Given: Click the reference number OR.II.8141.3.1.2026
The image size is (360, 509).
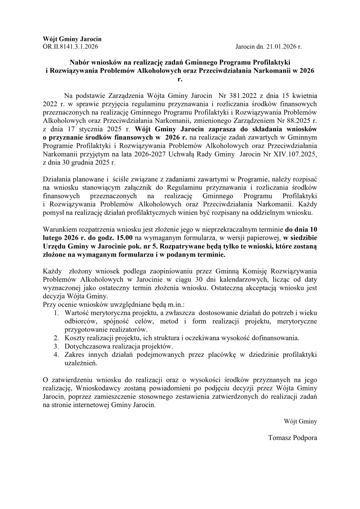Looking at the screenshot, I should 71,46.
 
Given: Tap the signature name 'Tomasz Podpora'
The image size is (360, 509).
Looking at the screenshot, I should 292,438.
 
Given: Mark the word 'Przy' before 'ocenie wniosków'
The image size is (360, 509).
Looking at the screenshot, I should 50,304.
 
